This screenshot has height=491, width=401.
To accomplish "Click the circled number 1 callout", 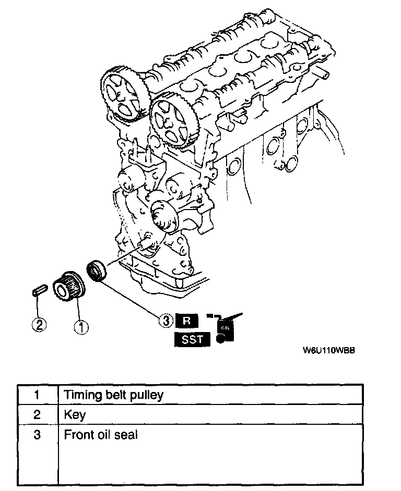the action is (x=81, y=327).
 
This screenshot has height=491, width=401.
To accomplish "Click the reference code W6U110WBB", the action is (x=329, y=351).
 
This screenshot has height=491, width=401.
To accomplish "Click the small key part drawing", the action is (x=37, y=289).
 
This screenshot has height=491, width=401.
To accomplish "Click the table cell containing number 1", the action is (x=37, y=395).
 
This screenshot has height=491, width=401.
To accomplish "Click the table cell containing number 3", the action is (x=37, y=434).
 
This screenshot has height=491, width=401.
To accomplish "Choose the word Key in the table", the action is (x=75, y=415).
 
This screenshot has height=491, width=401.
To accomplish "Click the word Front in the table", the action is (x=77, y=434).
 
